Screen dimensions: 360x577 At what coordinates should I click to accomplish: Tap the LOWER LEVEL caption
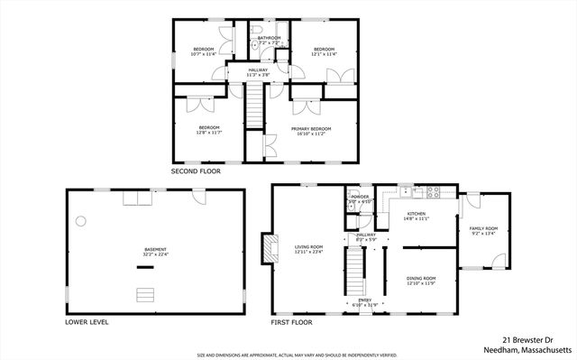[87, 321]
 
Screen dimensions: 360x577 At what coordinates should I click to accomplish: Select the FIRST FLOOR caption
[293, 321]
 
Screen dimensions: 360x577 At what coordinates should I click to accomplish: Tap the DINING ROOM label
[421, 278]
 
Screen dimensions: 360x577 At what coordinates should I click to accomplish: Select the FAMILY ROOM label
[483, 228]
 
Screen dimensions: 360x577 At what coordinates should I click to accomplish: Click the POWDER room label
[360, 197]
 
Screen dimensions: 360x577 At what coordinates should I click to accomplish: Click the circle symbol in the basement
[80, 220]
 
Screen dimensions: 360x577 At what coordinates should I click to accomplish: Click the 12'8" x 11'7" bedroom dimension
[209, 133]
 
